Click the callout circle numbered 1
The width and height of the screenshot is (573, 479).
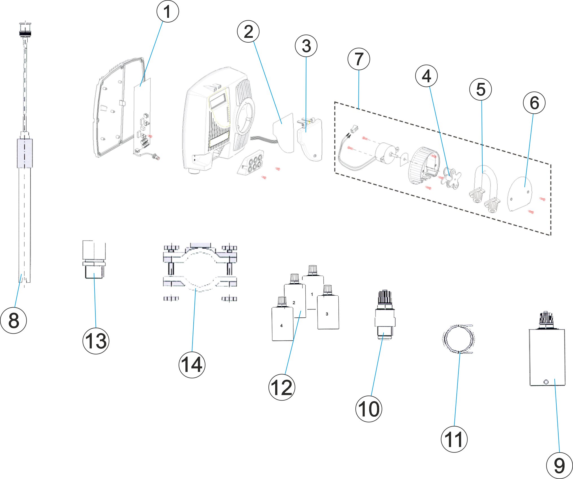point(168,12)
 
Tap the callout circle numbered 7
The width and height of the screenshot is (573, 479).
point(359,59)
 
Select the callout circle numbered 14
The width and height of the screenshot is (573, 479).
point(192,364)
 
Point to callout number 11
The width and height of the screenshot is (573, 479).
point(454,439)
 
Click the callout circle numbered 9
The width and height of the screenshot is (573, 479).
point(559,465)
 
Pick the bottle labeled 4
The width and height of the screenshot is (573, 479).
point(282,324)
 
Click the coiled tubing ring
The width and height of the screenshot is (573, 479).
point(458,339)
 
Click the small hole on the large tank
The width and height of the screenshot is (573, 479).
point(546,382)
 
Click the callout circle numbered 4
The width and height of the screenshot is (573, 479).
point(426,76)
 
